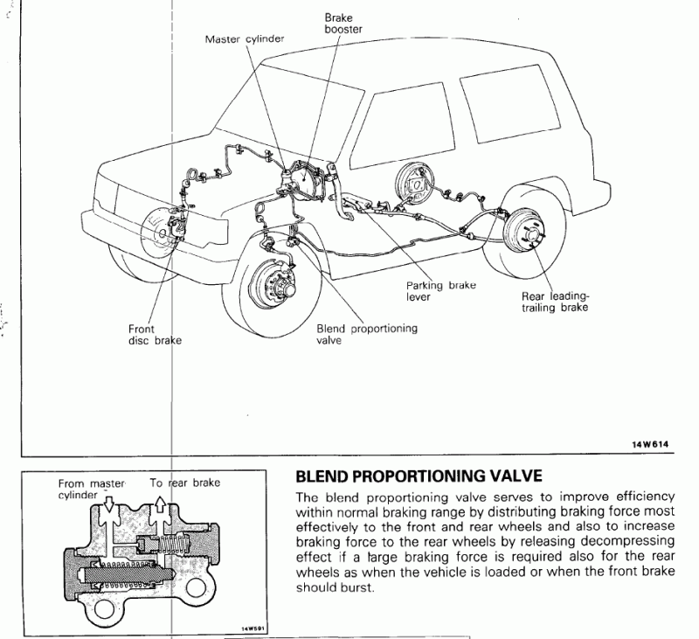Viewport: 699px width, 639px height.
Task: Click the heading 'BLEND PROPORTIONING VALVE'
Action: click(420, 477)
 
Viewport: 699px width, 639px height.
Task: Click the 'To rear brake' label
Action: click(184, 483)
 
